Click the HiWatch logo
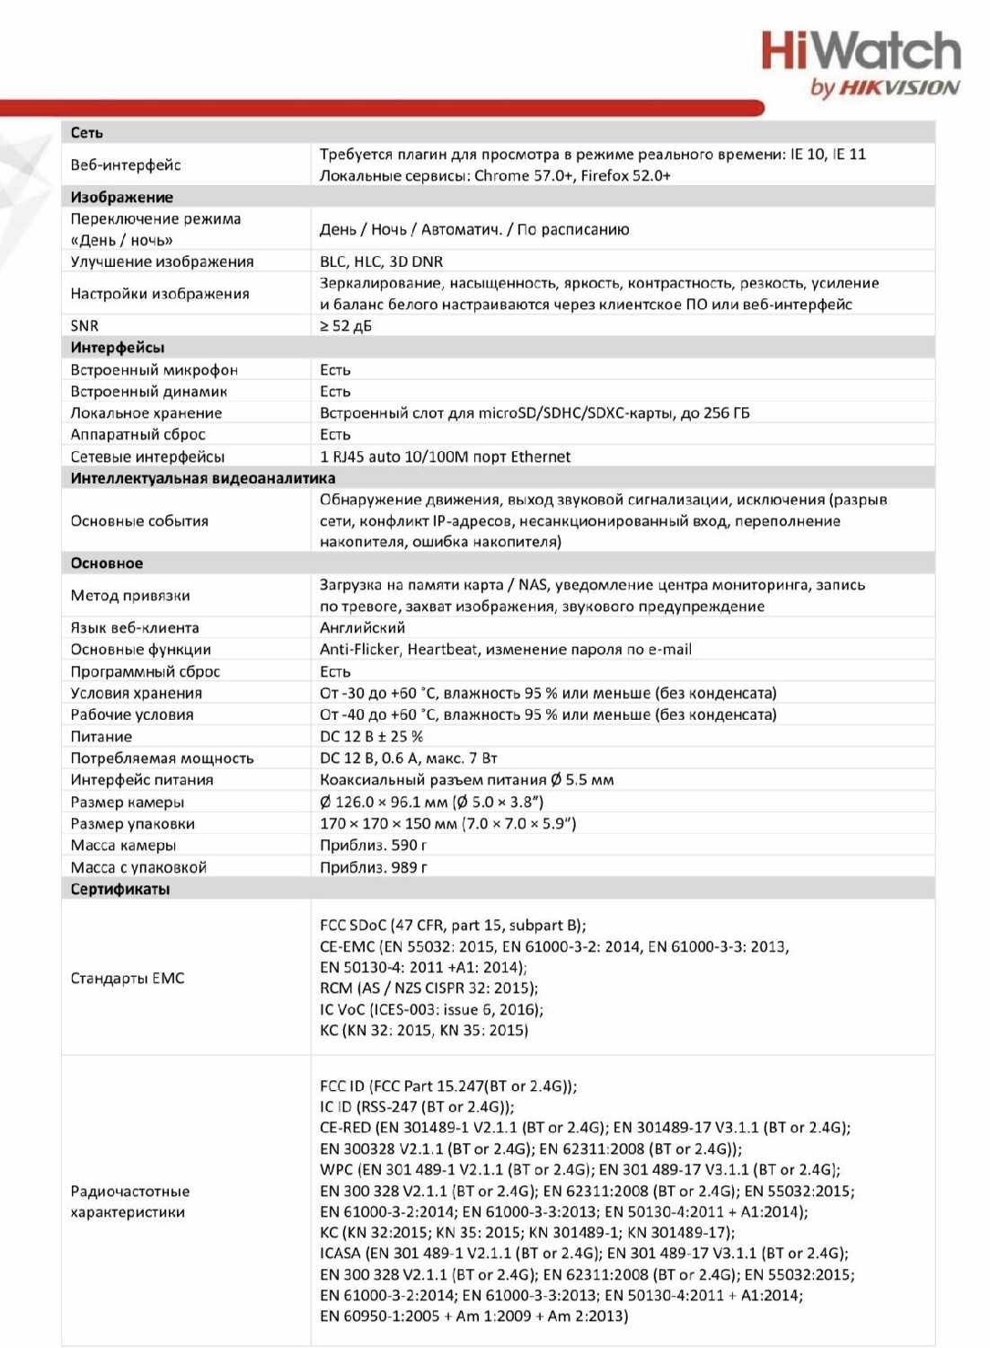[x=861, y=51]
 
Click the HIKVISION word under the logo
[x=898, y=87]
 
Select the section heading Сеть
[x=87, y=133]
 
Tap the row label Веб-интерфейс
[x=126, y=165]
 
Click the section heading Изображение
[x=122, y=198]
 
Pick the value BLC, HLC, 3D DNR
[x=381, y=262]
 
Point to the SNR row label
[x=84, y=326]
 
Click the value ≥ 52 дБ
[x=346, y=326]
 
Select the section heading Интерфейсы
[x=118, y=348]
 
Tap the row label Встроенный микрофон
[x=155, y=370]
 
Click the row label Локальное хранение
[x=146, y=413]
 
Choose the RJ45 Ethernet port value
[x=445, y=457]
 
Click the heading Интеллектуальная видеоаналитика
[x=203, y=478]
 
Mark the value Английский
[x=362, y=628]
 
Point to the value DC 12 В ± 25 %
[x=371, y=737]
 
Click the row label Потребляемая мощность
[x=162, y=758]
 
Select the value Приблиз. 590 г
[x=373, y=846]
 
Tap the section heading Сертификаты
[x=120, y=890]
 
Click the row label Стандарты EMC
[x=128, y=979]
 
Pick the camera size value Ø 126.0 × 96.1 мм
[x=431, y=802]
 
